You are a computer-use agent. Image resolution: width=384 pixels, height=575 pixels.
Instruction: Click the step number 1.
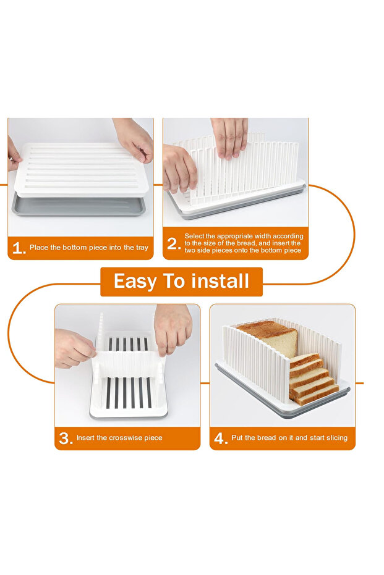(x=18, y=248)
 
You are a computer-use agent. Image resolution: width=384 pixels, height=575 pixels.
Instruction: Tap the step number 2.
(x=174, y=244)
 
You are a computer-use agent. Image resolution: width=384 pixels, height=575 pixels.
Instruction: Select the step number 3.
(x=65, y=439)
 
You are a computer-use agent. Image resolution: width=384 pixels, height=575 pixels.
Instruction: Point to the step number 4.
(x=220, y=439)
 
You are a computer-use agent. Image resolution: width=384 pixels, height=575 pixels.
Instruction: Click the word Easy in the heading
(x=134, y=282)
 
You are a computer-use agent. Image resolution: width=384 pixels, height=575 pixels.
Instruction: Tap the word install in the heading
(x=219, y=282)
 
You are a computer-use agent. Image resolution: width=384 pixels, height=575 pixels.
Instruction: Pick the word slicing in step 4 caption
(x=335, y=438)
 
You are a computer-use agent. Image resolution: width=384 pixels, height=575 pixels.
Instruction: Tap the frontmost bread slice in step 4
(x=317, y=393)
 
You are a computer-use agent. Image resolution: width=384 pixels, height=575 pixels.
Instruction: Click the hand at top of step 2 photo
(x=229, y=136)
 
